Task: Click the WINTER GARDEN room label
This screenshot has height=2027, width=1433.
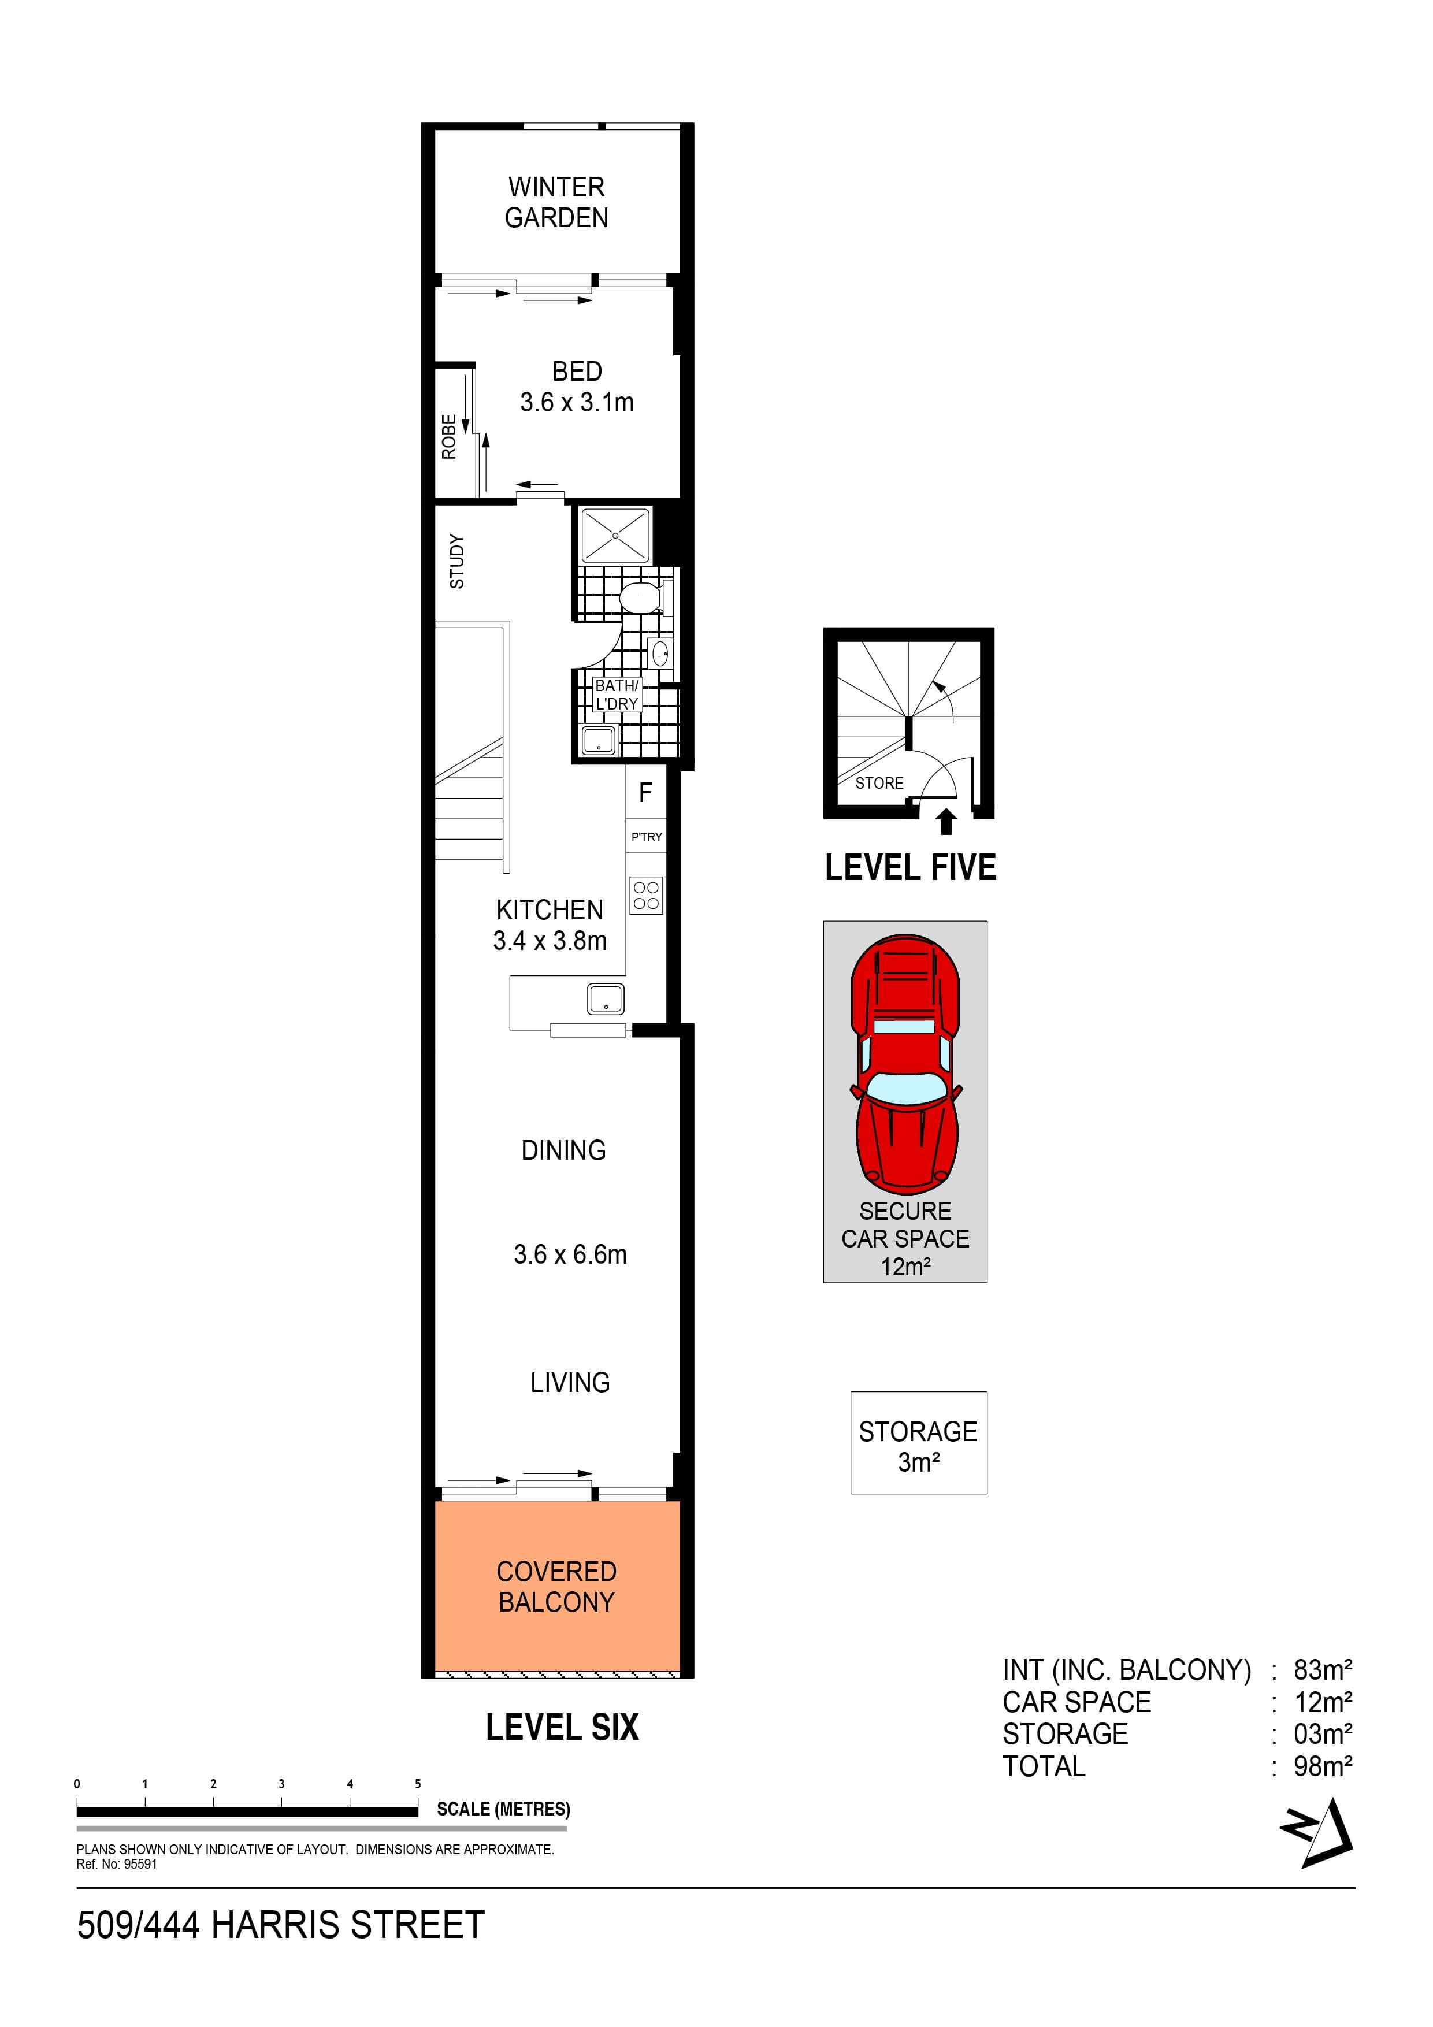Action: (556, 202)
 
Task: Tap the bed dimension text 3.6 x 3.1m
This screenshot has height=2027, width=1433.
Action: (577, 403)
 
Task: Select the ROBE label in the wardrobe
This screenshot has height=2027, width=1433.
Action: (448, 437)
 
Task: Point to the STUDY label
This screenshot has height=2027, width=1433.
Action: (456, 562)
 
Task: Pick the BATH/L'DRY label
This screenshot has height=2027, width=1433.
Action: (617, 694)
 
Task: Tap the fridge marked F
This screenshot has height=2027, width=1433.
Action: (645, 792)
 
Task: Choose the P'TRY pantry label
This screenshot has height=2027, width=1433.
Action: (647, 837)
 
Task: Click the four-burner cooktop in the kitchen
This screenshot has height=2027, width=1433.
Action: (647, 895)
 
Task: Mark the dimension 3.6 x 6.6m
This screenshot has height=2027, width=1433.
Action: (570, 1254)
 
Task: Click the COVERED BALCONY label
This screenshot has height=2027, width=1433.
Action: (556, 1587)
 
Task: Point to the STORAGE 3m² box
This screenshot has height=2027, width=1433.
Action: (918, 1443)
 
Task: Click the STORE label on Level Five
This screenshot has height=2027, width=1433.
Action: (879, 783)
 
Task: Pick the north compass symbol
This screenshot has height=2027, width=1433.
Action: (1317, 1833)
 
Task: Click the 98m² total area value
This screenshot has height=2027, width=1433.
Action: (1323, 1766)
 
